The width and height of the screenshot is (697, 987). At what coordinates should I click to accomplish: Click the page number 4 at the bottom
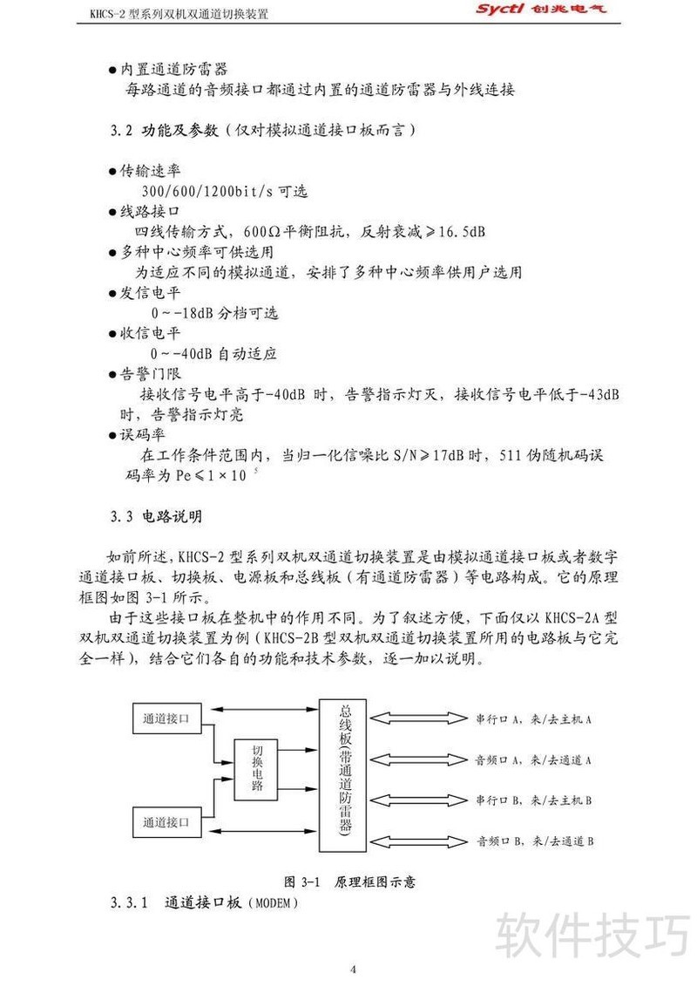coord(353,969)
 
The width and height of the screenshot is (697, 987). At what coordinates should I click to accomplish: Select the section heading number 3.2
coord(120,130)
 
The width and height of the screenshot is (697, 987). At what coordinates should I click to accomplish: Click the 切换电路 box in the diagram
coord(259,767)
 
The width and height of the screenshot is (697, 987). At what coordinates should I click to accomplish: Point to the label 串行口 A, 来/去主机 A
coord(534,719)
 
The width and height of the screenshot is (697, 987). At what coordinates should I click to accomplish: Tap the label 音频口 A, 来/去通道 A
coord(534,759)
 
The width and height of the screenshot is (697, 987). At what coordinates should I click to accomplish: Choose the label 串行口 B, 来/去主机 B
coord(534,800)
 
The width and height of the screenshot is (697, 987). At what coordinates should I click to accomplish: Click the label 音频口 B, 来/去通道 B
coord(535,841)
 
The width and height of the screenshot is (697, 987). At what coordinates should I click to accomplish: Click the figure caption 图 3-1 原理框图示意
coord(350,881)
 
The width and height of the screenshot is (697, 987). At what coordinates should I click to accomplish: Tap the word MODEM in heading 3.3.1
coord(276,903)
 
